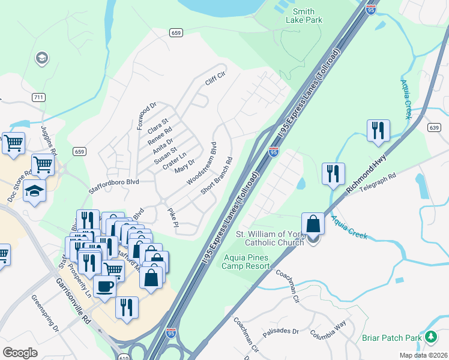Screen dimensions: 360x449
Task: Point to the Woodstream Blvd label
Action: point(201,164)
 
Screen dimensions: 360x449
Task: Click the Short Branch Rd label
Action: point(217,176)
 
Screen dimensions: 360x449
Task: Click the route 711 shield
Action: point(38,97)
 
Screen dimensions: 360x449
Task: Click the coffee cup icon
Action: point(105,285)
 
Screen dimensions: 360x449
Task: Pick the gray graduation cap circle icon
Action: point(42,58)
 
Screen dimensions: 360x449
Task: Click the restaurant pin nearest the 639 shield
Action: point(378,130)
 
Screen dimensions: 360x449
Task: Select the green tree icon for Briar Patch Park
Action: point(430,337)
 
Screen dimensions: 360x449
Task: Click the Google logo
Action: point(20,353)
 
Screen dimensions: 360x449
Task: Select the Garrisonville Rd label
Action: point(73,299)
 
